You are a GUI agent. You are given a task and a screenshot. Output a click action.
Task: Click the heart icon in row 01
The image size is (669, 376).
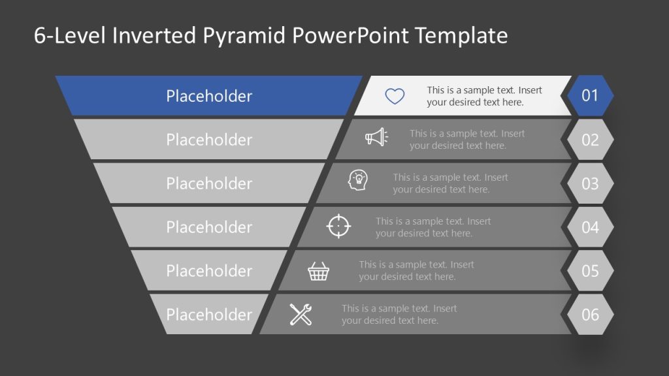[x=395, y=97]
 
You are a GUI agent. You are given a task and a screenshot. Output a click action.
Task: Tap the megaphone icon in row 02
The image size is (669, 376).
[x=376, y=137]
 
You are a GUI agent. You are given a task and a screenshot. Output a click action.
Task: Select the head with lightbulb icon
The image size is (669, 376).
[x=358, y=181]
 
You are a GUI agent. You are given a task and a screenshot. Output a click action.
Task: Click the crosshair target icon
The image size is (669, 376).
[x=338, y=226]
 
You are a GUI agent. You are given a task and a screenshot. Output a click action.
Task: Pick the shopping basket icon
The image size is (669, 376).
[x=319, y=271]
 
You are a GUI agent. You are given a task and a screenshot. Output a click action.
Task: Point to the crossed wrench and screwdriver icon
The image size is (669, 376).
[x=301, y=315]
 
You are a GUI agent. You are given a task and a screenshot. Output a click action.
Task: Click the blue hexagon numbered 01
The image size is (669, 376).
[x=590, y=96]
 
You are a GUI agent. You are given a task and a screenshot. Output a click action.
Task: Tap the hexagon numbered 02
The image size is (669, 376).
[x=590, y=140]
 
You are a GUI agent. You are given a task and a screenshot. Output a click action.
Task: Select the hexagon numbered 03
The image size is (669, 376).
[x=590, y=183]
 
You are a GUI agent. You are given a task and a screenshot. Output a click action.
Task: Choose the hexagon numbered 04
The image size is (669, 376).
[x=590, y=227]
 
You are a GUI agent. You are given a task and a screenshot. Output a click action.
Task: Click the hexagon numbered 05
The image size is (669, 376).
[x=590, y=271]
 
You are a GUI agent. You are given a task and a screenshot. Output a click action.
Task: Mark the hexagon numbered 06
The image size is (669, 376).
[x=590, y=315]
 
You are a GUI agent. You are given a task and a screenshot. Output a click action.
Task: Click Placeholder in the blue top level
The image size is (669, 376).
[x=209, y=96]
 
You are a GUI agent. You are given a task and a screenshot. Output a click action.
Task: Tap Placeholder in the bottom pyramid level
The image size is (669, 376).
[x=209, y=315]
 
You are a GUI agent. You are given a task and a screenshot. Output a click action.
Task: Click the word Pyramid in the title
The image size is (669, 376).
[x=244, y=36]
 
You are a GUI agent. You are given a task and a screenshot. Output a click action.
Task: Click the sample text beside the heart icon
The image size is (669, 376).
[x=484, y=97]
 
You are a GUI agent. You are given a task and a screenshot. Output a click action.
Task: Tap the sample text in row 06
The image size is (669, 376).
[x=399, y=315]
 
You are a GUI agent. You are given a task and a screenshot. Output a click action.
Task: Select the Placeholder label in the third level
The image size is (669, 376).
[x=209, y=183]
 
